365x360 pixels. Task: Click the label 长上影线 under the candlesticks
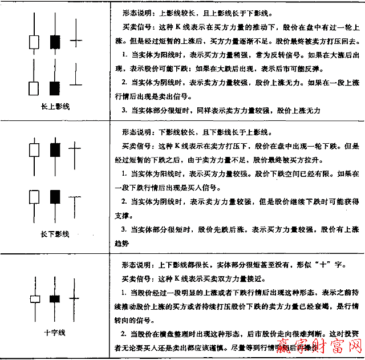click(x=55, y=107)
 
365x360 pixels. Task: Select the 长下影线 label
click(x=55, y=234)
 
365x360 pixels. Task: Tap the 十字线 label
click(x=55, y=333)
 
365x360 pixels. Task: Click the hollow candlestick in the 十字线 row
click(x=35, y=298)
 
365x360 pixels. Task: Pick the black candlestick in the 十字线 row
click(x=55, y=298)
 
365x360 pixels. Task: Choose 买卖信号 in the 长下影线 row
click(x=136, y=144)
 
